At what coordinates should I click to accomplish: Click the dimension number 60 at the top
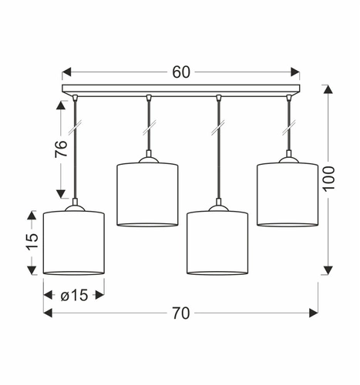point(181,72)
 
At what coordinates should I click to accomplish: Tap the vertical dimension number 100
point(329,179)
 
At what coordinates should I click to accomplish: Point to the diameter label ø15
point(74,294)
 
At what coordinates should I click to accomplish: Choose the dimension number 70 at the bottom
point(180,313)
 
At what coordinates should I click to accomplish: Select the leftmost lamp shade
point(74,242)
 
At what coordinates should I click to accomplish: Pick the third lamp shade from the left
point(217,242)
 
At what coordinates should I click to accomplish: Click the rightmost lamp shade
point(288,194)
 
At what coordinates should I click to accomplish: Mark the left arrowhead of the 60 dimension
point(66,72)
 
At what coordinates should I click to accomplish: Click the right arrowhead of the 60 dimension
point(296,72)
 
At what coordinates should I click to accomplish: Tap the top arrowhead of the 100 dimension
point(329,91)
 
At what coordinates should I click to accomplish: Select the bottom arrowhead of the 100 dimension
point(329,269)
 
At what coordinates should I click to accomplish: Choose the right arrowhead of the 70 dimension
point(314,313)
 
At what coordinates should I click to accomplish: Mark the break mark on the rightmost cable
point(289,122)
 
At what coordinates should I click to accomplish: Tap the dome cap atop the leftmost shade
point(74,206)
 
